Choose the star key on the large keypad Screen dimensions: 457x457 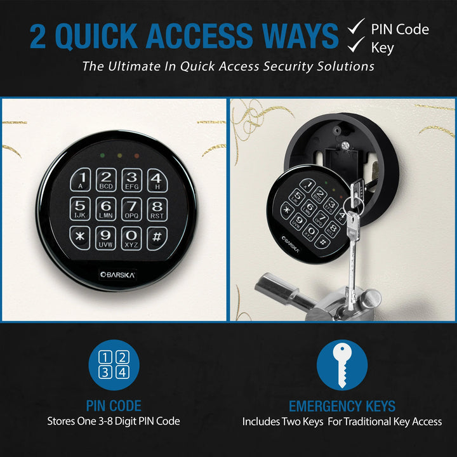[x=80, y=238]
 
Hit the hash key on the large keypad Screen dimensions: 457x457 [x=157, y=238]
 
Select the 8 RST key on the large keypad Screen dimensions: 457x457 [x=157, y=209]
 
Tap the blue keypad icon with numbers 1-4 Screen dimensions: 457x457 [x=114, y=366]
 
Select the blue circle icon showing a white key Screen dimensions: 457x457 [x=341, y=366]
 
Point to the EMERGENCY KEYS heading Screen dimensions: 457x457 [x=341, y=406]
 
